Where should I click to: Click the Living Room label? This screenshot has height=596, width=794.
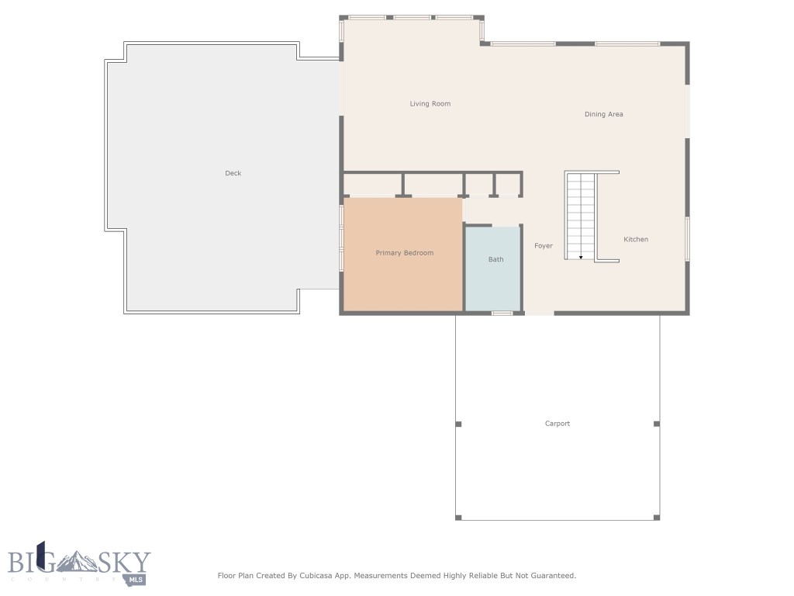(x=430, y=104)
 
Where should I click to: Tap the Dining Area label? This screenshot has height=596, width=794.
(x=603, y=115)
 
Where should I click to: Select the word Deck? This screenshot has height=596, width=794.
(x=233, y=174)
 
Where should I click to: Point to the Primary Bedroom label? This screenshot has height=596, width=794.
(x=405, y=253)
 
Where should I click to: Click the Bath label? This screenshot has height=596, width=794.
(x=495, y=259)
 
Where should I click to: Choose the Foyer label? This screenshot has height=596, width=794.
(x=544, y=246)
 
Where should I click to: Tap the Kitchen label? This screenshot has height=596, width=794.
(x=636, y=240)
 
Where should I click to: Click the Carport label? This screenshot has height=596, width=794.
(x=558, y=424)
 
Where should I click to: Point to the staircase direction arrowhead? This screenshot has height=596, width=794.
(x=581, y=257)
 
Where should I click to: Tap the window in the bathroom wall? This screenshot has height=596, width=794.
(x=502, y=313)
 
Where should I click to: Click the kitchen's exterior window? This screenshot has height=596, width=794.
(x=687, y=238)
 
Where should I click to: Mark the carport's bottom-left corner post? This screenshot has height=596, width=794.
(x=458, y=517)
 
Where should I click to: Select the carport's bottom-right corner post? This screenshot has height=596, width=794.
(x=658, y=517)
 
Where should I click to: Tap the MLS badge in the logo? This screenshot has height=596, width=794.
(x=135, y=579)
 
